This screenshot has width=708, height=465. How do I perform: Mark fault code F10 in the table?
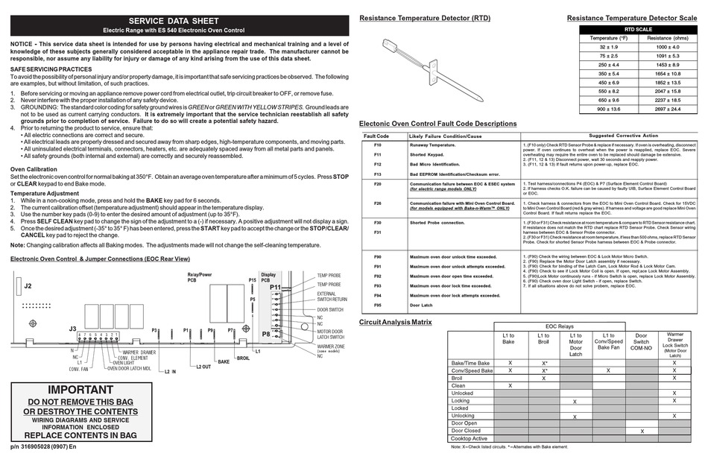coord(376,145)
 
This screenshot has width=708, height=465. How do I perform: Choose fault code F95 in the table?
coord(376,305)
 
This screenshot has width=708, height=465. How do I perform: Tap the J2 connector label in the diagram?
coord(28,286)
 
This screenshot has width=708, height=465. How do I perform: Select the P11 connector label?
coord(275,286)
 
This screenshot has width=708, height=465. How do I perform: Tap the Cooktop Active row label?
coord(470,438)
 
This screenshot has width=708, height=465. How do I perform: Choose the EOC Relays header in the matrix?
coord(559,326)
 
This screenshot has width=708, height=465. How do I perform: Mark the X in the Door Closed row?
coord(641,431)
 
